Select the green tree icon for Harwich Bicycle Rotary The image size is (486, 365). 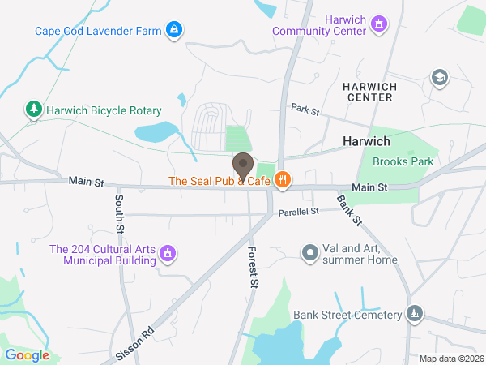point(33,109)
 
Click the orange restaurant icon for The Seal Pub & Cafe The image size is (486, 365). point(282,181)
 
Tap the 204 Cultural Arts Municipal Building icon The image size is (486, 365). point(168,255)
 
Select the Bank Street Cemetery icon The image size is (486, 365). point(415,314)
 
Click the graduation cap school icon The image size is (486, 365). point(440,78)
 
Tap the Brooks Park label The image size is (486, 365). point(403,161)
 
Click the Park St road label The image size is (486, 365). point(306,108)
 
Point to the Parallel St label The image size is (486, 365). point(299,210)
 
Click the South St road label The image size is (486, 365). point(119,213)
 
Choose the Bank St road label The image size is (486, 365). point(349,210)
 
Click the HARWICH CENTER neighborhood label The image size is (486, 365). point(367,92)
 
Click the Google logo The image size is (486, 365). point(27,354)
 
